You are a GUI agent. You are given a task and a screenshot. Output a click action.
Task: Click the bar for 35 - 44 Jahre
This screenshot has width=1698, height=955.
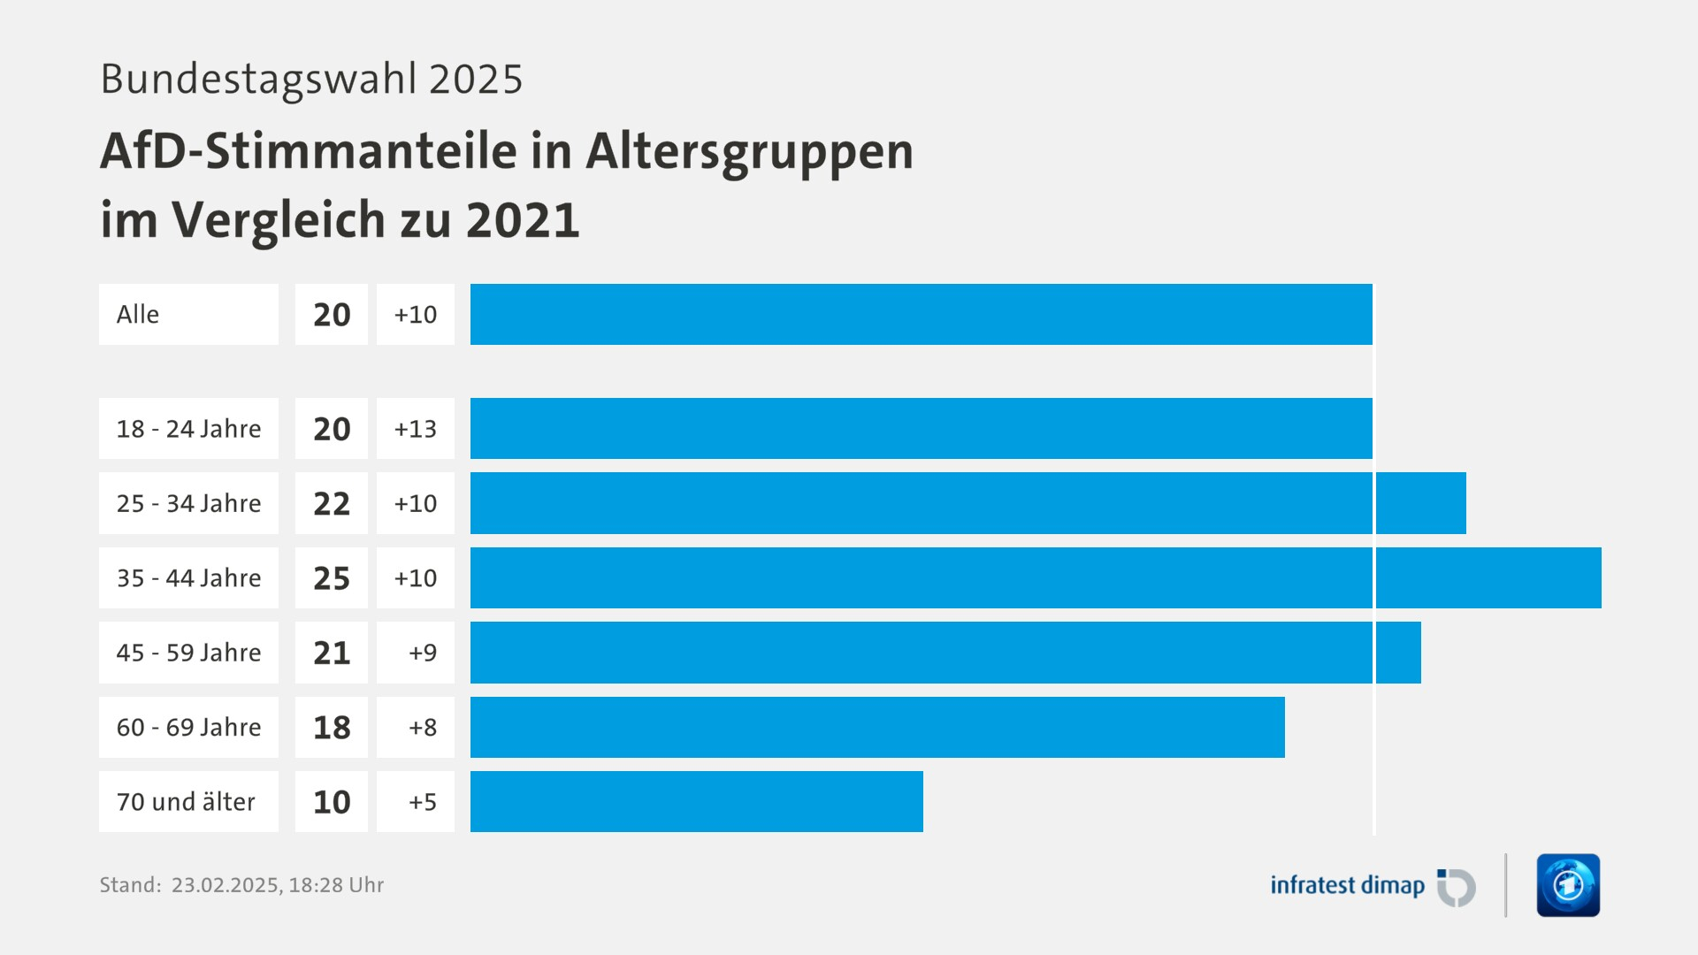1035,577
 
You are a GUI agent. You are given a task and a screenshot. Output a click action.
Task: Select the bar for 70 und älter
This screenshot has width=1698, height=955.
697,801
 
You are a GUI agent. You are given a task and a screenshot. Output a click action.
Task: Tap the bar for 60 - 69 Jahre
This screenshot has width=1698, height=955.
877,727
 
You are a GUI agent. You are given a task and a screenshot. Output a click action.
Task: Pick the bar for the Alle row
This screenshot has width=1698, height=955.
921,314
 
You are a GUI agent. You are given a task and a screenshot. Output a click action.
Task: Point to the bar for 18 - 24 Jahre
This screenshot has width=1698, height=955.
921,428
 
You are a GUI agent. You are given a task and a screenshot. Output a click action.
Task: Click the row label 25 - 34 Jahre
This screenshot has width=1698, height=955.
188,503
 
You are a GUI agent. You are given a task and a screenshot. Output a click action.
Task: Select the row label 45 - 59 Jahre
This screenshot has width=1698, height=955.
188,653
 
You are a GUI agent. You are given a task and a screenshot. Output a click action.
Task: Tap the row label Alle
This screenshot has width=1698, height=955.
138,314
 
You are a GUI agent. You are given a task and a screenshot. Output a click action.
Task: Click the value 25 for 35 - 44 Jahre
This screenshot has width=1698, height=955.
332,578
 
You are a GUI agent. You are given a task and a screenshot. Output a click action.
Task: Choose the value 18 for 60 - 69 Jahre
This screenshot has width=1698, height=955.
332,728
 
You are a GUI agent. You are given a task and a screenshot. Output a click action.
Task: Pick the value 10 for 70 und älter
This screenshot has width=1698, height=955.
332,802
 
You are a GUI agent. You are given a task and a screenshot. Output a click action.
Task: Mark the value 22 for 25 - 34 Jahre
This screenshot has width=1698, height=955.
332,504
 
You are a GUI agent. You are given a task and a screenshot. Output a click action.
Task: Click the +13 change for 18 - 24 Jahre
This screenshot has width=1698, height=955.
416,429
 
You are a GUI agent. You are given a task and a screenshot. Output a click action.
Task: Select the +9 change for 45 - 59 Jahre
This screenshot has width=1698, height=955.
423,653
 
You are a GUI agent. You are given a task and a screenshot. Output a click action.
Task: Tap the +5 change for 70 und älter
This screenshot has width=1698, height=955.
423,802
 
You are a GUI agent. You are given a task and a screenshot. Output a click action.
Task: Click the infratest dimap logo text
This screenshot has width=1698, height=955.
1347,885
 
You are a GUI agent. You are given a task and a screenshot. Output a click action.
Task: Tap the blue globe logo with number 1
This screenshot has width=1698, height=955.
1568,885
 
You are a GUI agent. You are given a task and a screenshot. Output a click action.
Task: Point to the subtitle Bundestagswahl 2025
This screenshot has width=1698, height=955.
311,79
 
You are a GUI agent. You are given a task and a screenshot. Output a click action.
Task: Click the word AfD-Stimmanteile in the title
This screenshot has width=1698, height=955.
308,150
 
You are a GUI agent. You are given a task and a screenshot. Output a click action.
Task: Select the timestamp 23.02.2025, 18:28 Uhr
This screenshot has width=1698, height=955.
278,885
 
